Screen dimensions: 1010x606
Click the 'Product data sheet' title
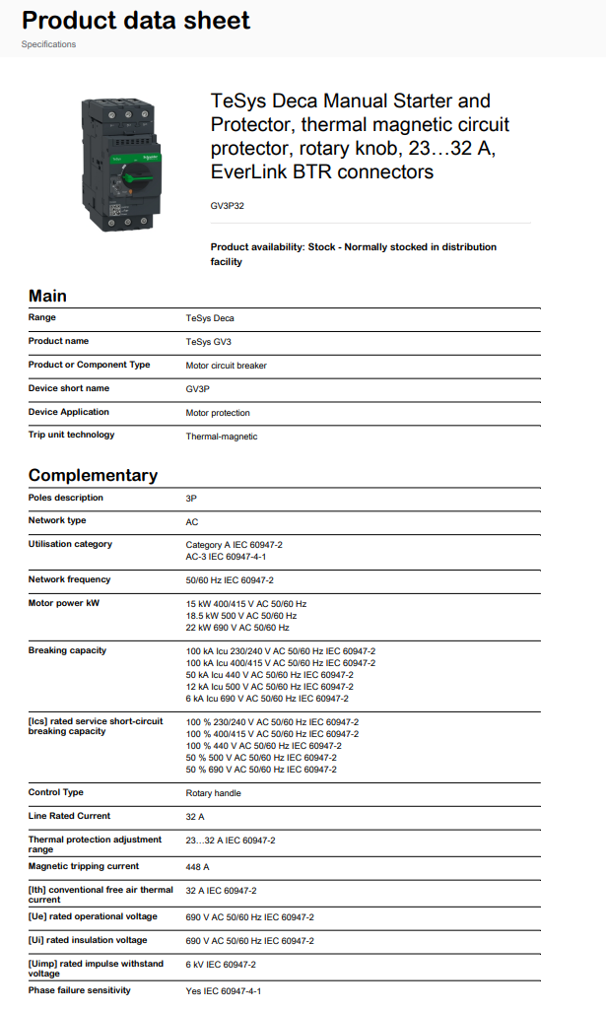pyautogui.click(x=136, y=21)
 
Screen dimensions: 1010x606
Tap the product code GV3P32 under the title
pyautogui.click(x=229, y=206)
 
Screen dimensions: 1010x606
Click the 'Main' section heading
pyautogui.click(x=47, y=296)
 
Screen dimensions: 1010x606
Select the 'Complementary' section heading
pyautogui.click(x=93, y=475)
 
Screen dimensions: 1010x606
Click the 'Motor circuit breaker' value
pyautogui.click(x=226, y=366)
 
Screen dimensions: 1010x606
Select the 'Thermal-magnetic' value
pyautogui.click(x=222, y=437)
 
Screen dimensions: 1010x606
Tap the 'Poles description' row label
pyautogui.click(x=65, y=498)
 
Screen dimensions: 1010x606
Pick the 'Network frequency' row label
pyautogui.click(x=69, y=579)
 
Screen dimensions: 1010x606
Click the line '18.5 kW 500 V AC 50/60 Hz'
pyautogui.click(x=241, y=616)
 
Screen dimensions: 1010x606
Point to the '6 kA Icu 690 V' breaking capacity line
pyautogui.click(x=267, y=699)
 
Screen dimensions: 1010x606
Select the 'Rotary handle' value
pyautogui.click(x=213, y=793)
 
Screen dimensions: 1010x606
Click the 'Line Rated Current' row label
pyautogui.click(x=69, y=816)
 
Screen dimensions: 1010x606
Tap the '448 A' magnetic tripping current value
pyautogui.click(x=198, y=867)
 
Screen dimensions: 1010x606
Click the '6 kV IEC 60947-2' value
pyautogui.click(x=221, y=965)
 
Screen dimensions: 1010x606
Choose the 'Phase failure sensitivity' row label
pyautogui.click(x=79, y=990)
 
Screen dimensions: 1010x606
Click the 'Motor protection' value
pyautogui.click(x=218, y=413)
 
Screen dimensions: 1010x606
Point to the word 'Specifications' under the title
pyautogui.click(x=48, y=44)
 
